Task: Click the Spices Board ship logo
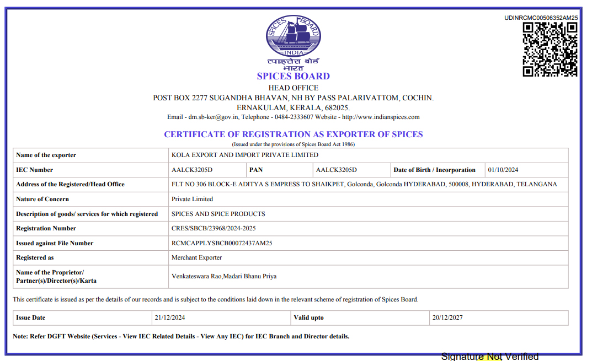293,36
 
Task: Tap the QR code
550,49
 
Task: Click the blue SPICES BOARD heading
293,76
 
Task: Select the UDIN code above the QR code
541,18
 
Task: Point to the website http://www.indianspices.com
381,117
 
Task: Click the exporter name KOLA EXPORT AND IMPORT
244,155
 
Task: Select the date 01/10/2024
503,170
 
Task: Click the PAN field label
255,170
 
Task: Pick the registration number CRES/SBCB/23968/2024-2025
214,228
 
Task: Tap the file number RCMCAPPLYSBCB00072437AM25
222,243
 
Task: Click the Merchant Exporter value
196,257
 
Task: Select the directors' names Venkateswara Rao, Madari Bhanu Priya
224,276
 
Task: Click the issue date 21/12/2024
170,317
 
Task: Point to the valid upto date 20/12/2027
447,317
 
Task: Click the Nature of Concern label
42,199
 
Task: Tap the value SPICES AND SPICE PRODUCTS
218,214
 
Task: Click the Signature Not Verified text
489,357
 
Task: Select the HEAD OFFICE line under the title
293,88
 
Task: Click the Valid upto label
309,317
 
